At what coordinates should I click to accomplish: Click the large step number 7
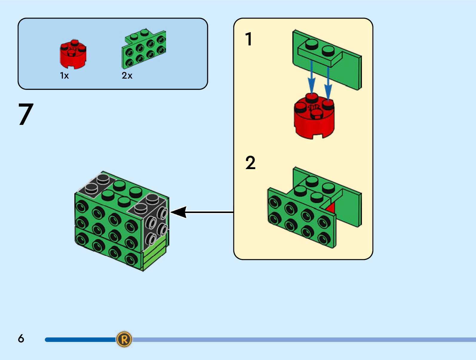tap(26, 114)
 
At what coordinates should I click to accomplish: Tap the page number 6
tap(21, 338)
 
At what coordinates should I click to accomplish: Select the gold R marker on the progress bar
tap(124, 339)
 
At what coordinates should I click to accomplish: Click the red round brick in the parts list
tap(73, 54)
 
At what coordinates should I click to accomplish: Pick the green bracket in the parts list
tap(144, 49)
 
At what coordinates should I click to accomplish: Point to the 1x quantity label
tap(64, 76)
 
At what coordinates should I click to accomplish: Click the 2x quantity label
tap(127, 76)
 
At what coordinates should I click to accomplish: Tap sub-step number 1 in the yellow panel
tap(248, 39)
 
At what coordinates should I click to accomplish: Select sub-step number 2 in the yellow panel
tap(250, 163)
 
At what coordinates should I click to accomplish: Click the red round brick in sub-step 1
tap(314, 118)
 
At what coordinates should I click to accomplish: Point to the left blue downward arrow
tap(311, 78)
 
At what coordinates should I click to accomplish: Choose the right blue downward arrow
tap(328, 82)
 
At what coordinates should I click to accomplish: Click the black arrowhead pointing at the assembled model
tap(179, 212)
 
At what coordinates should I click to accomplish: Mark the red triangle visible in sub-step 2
tap(331, 208)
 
